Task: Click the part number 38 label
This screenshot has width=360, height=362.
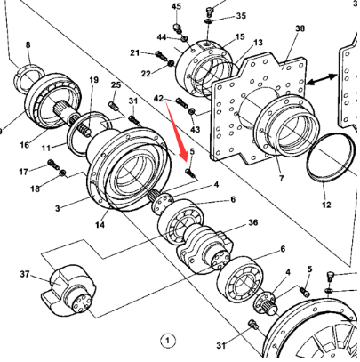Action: [x=300, y=29]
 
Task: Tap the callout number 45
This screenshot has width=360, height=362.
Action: [x=176, y=7]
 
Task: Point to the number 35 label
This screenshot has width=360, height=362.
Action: [x=242, y=17]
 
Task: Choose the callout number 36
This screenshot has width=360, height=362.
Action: [x=252, y=222]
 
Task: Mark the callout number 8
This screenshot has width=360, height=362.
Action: [x=27, y=44]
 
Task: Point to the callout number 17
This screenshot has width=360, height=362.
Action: [x=23, y=170]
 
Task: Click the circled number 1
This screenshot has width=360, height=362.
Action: [x=164, y=339]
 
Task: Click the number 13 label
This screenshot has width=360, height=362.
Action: [x=258, y=42]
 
